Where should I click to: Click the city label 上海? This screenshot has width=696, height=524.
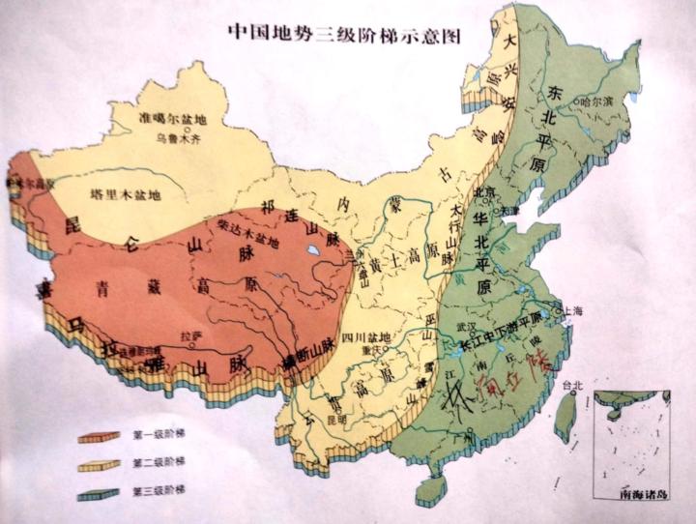click(x=571, y=310)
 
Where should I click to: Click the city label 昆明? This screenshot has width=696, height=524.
click(x=332, y=419)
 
